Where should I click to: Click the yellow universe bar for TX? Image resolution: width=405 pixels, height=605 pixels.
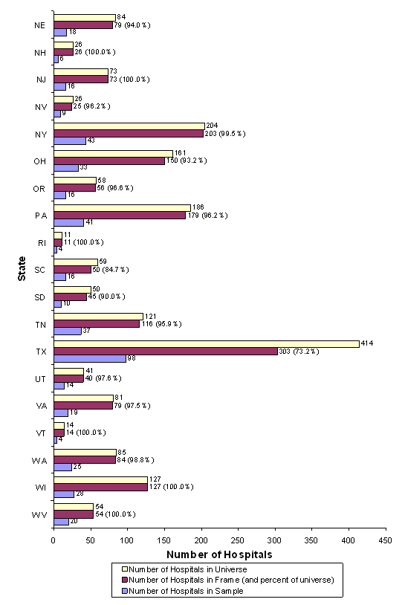click(x=206, y=344)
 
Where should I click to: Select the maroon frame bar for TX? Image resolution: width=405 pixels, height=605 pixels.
click(x=165, y=352)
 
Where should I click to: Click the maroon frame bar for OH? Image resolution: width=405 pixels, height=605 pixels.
click(x=108, y=161)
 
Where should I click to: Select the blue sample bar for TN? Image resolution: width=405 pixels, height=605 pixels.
click(x=67, y=331)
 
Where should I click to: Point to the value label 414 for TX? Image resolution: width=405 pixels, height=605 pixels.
click(x=366, y=343)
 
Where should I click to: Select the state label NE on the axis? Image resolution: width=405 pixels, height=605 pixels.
click(x=40, y=25)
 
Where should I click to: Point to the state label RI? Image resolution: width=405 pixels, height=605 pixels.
click(x=42, y=242)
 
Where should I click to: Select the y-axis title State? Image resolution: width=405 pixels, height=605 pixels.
click(x=23, y=268)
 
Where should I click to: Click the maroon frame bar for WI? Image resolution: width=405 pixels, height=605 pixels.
click(x=100, y=487)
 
